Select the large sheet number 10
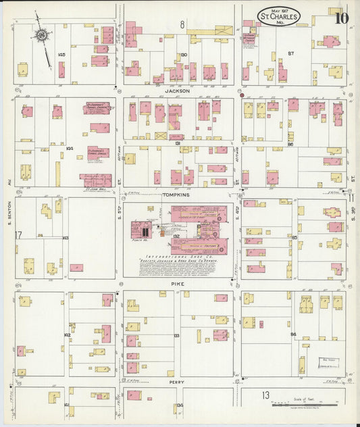click(x=341, y=18)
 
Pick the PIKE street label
click(x=178, y=284)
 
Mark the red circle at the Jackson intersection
click(x=242, y=95)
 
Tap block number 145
click(x=61, y=54)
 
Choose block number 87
click(x=291, y=52)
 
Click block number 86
click(x=291, y=144)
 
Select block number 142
click(x=67, y=334)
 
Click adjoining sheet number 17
click(x=19, y=234)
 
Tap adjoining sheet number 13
click(x=266, y=394)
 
